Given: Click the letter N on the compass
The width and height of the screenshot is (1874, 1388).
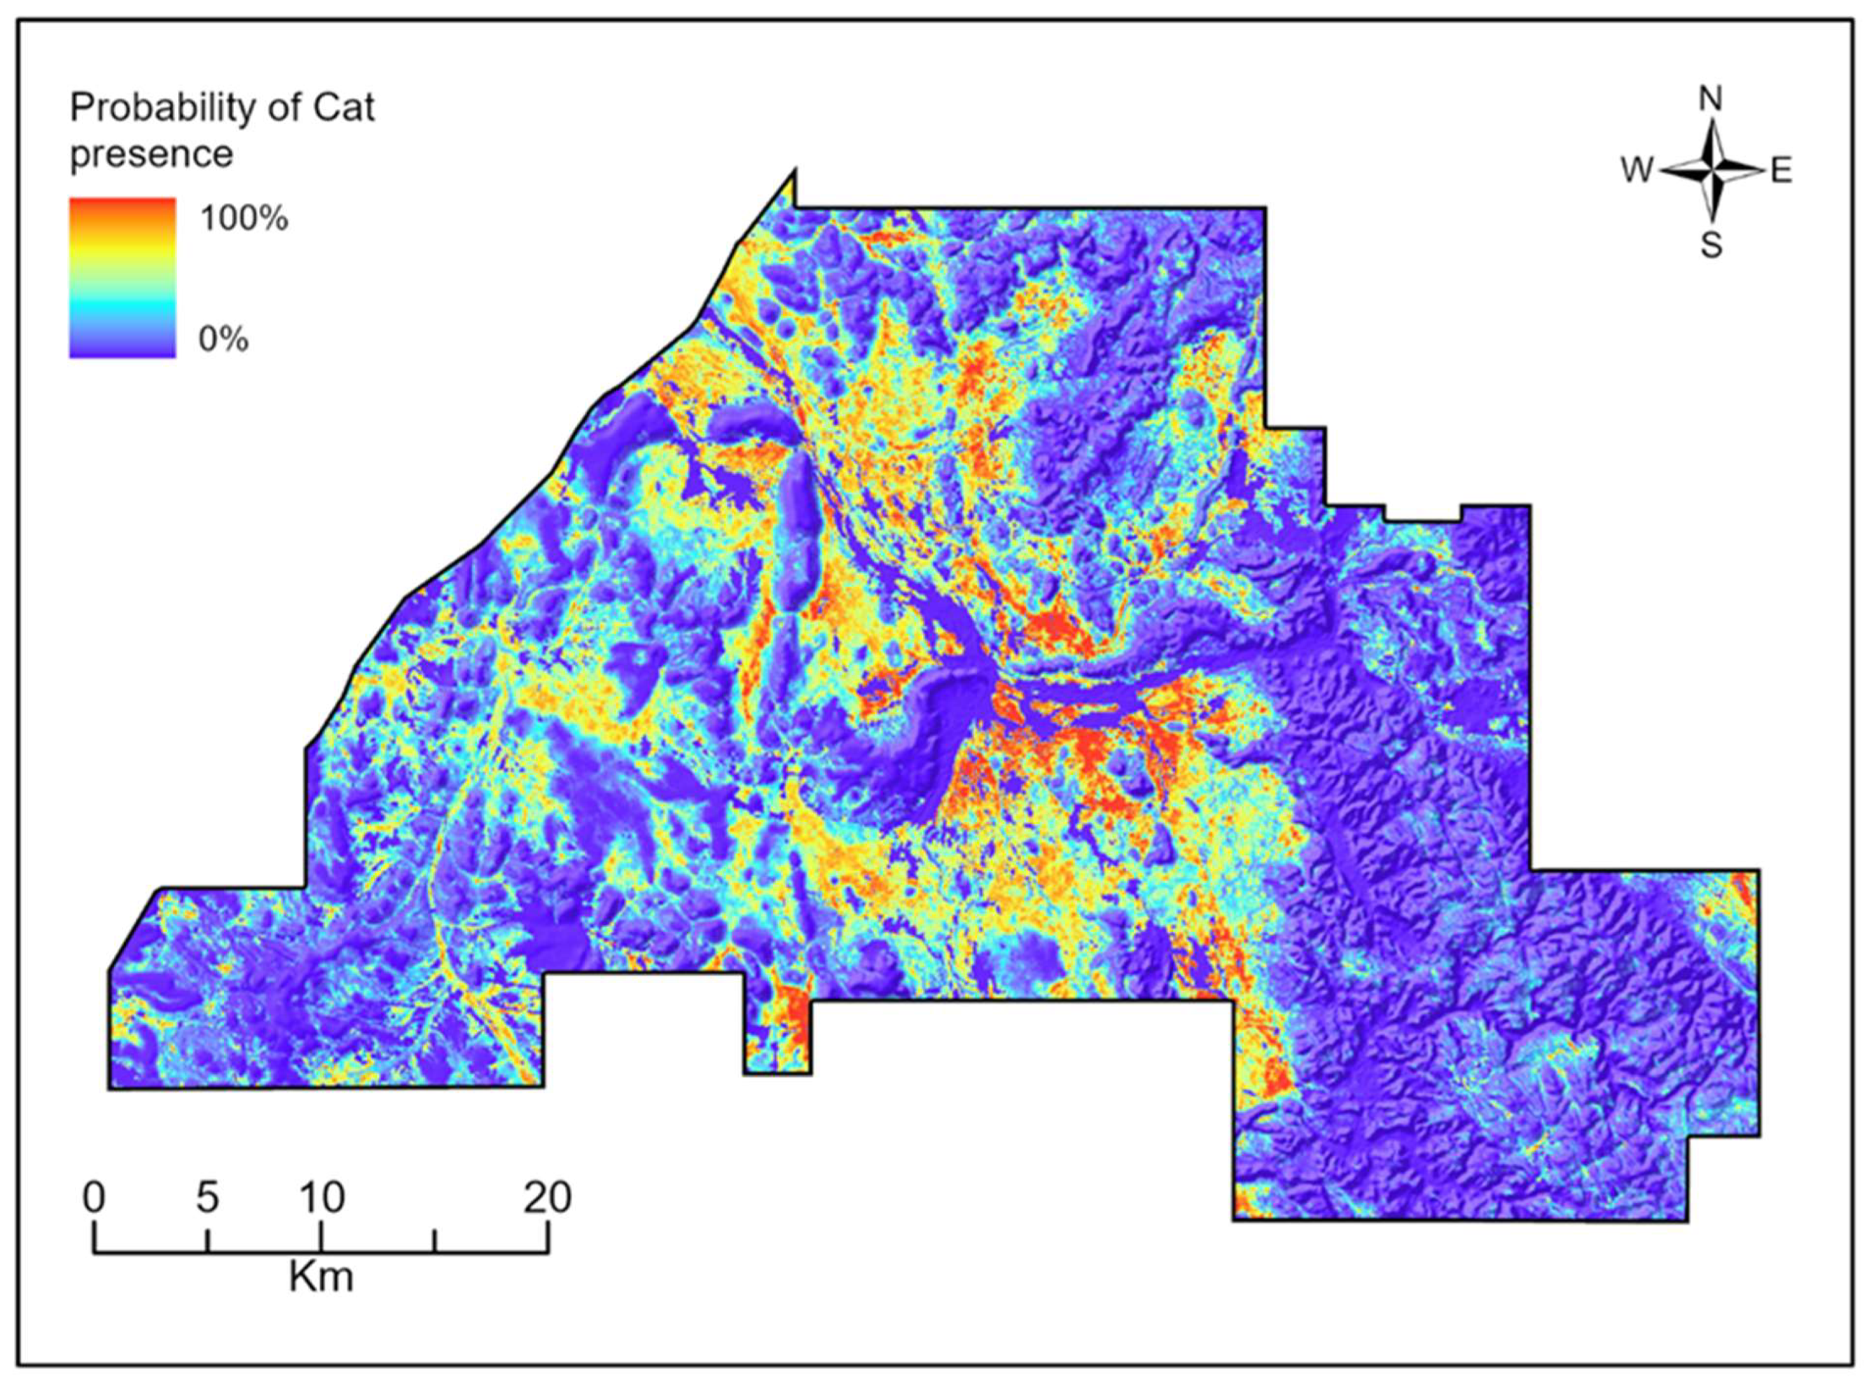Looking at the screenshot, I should pos(1710,100).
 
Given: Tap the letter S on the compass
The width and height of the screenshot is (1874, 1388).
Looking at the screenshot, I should pos(1711,247).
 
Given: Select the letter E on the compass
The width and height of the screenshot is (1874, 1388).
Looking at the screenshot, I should pos(1781,172).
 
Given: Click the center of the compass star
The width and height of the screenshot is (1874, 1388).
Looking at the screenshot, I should pos(1711,171).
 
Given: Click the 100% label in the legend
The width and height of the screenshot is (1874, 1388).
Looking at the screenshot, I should pos(244,218).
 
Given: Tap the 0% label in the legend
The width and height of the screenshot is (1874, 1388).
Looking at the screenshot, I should pos(223,340).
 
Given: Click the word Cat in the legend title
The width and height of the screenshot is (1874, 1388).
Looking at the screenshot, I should pos(345,109).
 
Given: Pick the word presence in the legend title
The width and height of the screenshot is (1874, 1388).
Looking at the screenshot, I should pos(151,155).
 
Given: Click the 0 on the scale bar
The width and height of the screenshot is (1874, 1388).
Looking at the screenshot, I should pos(94,1198).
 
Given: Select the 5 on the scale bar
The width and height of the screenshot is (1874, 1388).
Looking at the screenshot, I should pos(207,1198).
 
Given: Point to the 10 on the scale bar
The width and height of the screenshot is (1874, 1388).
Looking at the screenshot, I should pos(321,1198).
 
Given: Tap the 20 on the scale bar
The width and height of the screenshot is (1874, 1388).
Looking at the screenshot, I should pos(548,1198).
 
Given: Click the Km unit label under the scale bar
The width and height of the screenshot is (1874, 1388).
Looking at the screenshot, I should pos(321,1278).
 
